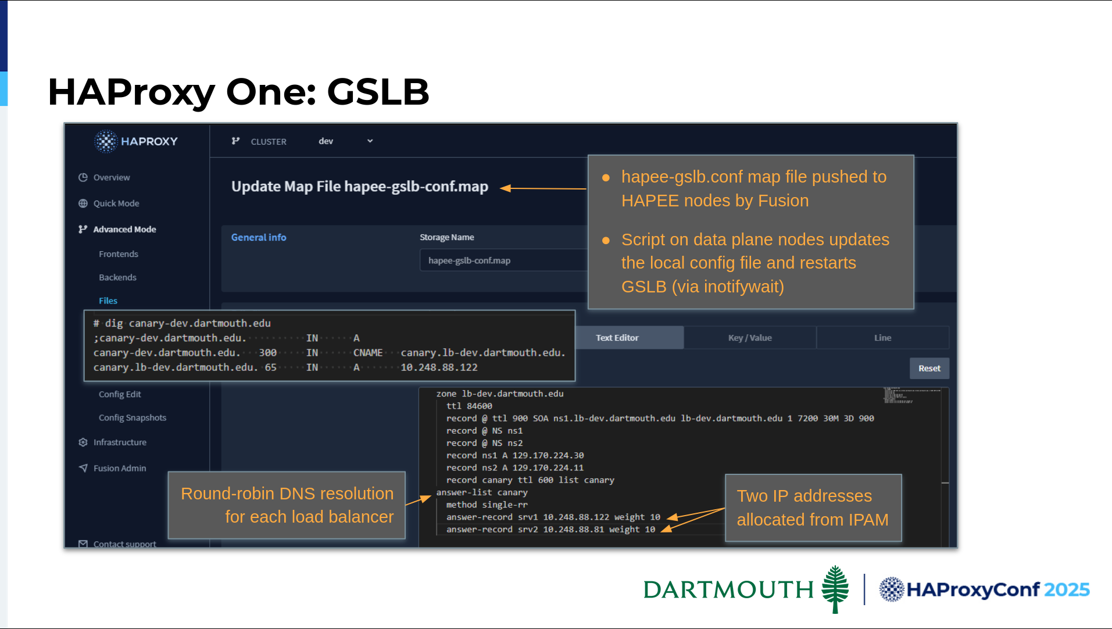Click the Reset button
(x=929, y=369)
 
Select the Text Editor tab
(x=617, y=338)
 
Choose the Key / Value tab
(x=750, y=338)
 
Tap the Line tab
(x=882, y=338)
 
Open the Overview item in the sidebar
(x=111, y=177)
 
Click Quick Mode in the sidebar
(x=116, y=203)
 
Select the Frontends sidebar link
(x=119, y=254)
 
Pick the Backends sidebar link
(x=117, y=277)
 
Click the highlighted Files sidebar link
(x=108, y=301)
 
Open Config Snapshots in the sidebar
(x=133, y=417)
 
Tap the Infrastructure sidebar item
(x=120, y=442)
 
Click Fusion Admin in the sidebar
(x=119, y=468)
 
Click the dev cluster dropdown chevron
(x=370, y=141)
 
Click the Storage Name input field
(x=503, y=260)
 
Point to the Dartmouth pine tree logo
(x=835, y=589)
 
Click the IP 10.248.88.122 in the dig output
(x=439, y=367)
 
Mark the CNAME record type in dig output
(x=368, y=353)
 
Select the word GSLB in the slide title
(x=378, y=92)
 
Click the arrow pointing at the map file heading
(x=543, y=188)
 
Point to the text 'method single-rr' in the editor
(x=487, y=505)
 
